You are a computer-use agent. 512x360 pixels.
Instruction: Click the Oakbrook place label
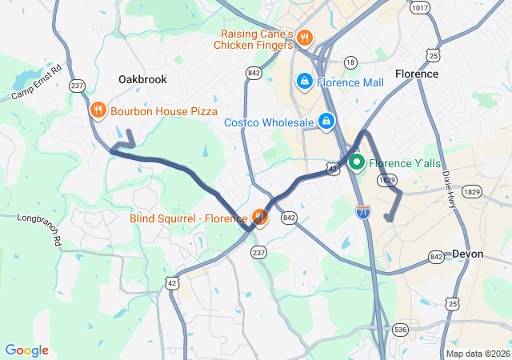[142, 79]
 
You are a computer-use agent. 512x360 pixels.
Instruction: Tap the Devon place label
[467, 254]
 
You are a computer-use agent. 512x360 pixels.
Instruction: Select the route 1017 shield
[418, 7]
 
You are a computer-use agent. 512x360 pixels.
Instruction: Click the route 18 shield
[350, 62]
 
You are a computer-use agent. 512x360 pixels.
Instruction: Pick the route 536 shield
[401, 329]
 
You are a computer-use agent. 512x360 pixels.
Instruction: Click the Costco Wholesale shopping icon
[326, 122]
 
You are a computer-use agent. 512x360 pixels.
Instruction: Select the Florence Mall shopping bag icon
[304, 82]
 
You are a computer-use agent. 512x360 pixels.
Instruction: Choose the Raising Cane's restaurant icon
[304, 38]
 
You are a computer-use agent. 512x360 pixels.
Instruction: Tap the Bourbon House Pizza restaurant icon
[98, 111]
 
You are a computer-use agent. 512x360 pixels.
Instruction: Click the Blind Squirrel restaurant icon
[259, 217]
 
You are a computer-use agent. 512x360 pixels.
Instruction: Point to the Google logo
[26, 350]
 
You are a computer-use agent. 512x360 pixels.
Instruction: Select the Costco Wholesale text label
[268, 122]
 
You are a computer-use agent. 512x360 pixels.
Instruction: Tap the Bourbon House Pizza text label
[164, 111]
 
